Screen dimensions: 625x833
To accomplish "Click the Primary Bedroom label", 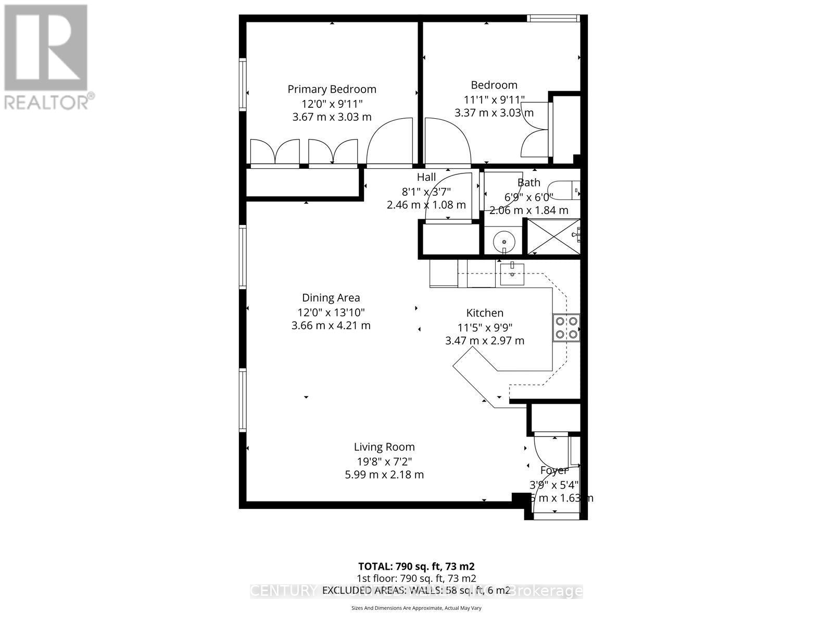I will pos(332,89).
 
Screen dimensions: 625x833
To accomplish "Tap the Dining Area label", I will pos(331,298).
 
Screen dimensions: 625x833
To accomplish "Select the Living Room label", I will pos(384,447).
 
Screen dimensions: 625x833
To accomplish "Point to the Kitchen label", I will pos(485,313).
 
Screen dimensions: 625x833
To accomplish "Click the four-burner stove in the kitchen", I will pos(566,328).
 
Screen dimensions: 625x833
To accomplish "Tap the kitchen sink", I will pos(512,273).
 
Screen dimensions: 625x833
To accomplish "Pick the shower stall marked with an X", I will pos(553,236).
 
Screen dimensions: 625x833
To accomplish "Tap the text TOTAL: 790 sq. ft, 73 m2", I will pos(416,566).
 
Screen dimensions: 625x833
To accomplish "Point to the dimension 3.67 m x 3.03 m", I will pos(332,117).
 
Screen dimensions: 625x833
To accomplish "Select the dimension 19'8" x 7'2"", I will pos(384,461).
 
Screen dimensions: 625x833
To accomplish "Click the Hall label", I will pos(426,178).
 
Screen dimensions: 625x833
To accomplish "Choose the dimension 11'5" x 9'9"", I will pos(485,328).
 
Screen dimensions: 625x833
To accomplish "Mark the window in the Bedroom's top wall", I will pos(553,18).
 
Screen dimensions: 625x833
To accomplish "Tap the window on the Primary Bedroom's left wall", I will pos(243,84).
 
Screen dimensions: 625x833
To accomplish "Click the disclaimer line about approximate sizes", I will pos(416,608).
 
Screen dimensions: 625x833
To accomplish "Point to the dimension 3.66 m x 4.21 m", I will pos(331,326).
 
